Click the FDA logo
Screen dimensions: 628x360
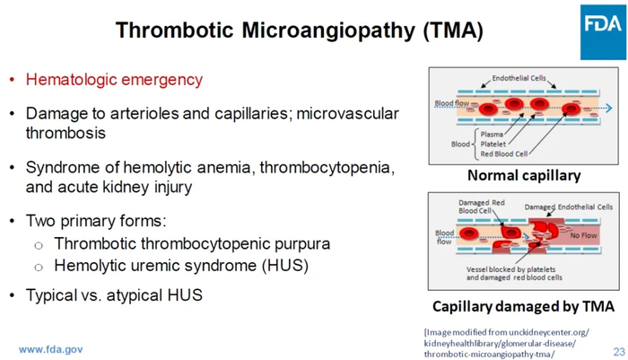coord(603,32)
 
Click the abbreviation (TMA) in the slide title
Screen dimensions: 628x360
coord(453,30)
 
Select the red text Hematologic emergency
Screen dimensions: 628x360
coord(114,80)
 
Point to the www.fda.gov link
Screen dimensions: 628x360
coord(51,349)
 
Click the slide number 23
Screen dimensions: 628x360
coord(619,352)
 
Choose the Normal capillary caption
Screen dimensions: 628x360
coord(524,175)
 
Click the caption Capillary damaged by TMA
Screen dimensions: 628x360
coord(523,306)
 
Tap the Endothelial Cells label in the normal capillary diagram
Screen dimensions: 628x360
coord(519,78)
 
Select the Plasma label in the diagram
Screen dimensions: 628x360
coord(492,135)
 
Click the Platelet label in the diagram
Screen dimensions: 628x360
coord(493,144)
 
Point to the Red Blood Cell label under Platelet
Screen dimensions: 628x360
coord(504,154)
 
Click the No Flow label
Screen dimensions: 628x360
coord(583,235)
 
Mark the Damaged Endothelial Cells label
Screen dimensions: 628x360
coord(569,206)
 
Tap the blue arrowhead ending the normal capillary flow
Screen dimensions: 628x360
coord(609,109)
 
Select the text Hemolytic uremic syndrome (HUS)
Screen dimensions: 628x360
coord(181,266)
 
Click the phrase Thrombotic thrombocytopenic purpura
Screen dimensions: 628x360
coord(192,244)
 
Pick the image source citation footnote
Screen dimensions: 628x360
coord(506,343)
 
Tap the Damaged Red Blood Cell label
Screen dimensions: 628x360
coord(482,206)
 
